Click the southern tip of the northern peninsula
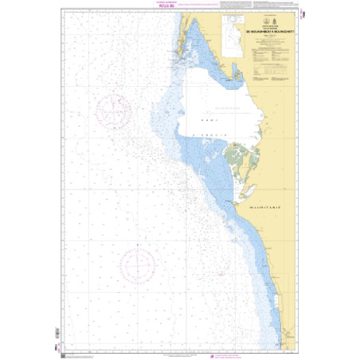[184, 64]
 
